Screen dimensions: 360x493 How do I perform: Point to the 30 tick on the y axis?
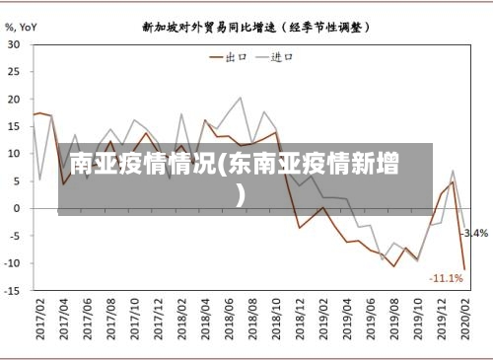15,44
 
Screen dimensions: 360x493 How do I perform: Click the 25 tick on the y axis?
15,72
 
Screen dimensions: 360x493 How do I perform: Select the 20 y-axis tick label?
15,99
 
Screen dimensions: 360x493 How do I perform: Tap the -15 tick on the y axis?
13,290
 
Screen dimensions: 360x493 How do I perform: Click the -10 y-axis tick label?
13,262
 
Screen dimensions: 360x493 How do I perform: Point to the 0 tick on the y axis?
18,208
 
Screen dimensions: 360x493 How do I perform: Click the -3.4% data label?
475,234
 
